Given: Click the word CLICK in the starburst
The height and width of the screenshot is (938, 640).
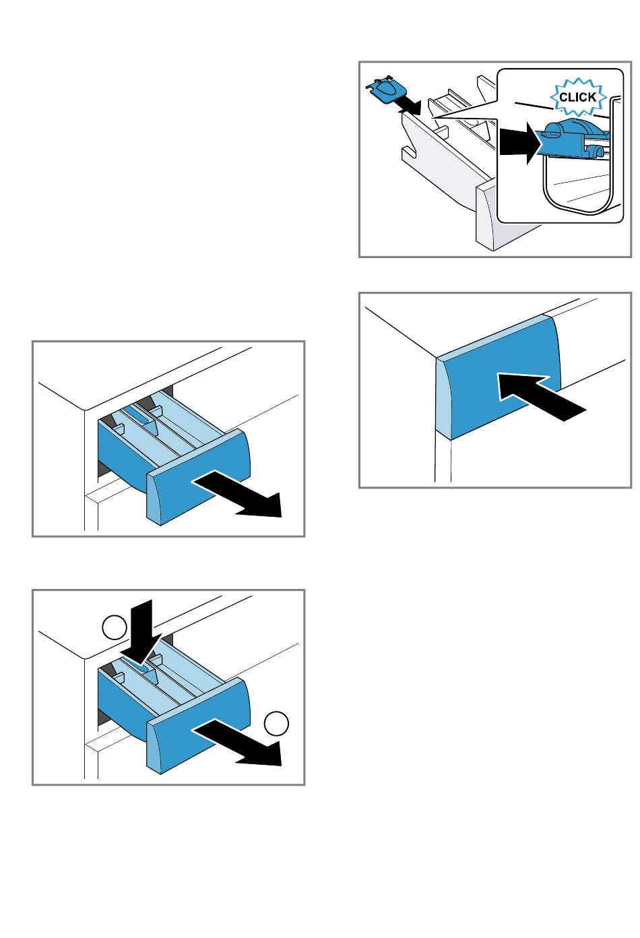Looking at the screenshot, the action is point(577,97).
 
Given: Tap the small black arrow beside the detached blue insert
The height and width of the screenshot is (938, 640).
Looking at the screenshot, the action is point(409,106).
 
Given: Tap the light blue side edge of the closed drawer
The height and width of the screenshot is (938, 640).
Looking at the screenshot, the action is point(443,398).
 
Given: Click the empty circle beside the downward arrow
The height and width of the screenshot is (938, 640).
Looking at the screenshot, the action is point(115,627).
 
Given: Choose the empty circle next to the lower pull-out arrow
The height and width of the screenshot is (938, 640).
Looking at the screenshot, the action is point(276,723).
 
